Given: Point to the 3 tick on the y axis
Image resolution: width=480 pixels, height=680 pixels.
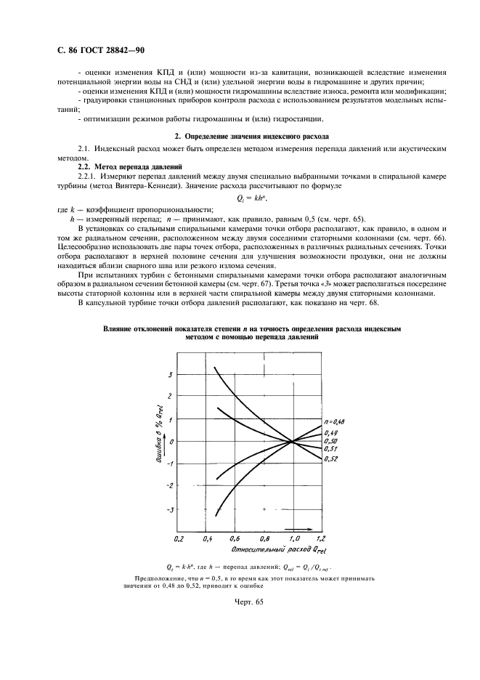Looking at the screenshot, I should [x=170, y=374].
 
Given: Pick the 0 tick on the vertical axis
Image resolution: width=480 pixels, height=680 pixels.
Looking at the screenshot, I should [x=171, y=442].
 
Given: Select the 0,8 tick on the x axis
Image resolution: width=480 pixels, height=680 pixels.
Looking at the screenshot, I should [x=264, y=539].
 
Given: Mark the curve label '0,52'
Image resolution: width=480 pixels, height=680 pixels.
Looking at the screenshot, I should [x=331, y=459].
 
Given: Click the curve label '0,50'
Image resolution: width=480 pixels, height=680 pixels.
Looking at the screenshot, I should [x=331, y=441].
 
